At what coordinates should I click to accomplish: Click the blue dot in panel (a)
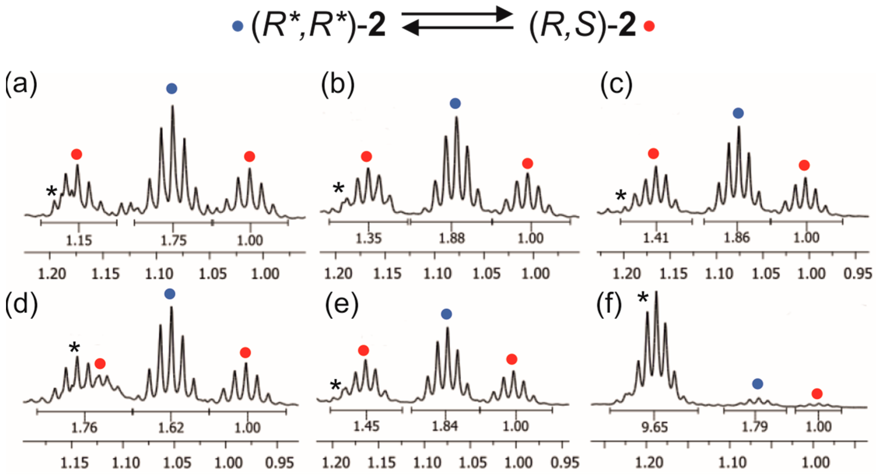point(172,89)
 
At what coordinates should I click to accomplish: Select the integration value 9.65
point(655,427)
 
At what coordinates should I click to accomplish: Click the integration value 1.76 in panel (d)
point(84,428)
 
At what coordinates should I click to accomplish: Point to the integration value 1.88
point(452,239)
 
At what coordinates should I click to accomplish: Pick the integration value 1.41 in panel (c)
point(656,238)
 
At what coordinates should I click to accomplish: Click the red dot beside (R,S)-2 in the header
point(649,26)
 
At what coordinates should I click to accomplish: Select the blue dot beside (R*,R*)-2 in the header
point(237,26)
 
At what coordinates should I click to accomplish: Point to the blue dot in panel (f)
point(757,384)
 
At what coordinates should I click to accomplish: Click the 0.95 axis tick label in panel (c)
point(858,274)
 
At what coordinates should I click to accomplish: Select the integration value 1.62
point(171,428)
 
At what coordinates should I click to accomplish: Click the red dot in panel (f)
point(817,394)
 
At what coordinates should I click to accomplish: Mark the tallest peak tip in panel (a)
point(173,106)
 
